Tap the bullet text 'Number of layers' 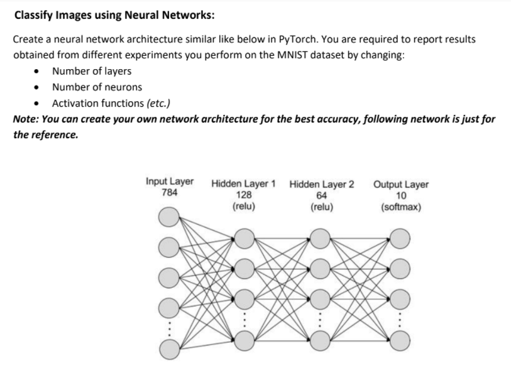92,71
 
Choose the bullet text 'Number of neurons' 97,87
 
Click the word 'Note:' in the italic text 26,119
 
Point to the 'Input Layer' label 170,182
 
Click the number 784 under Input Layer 170,192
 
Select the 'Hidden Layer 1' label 243,185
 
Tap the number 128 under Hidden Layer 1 243,195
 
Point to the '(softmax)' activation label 401,205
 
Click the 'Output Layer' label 401,185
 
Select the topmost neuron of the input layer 168,217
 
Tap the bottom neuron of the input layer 168,347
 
